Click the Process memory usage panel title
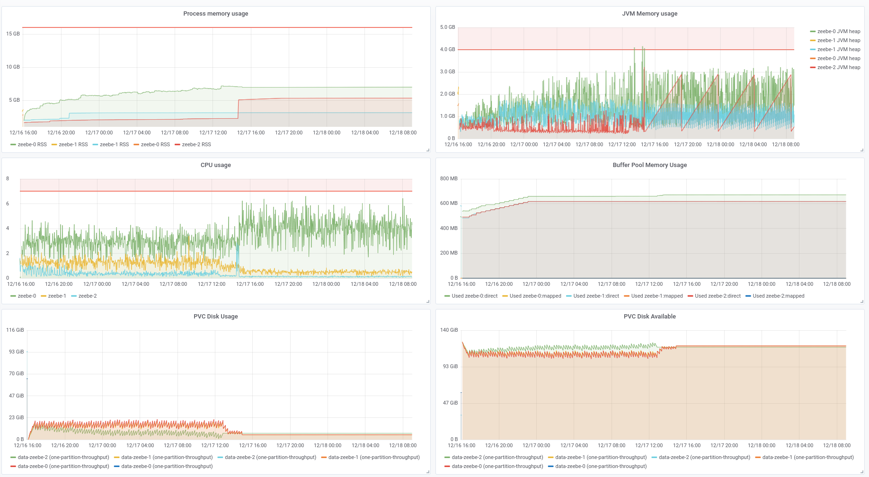(215, 14)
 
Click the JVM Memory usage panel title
(649, 14)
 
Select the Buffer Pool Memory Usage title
(649, 165)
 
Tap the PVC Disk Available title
(649, 317)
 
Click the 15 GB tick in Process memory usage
(13, 34)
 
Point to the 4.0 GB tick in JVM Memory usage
(447, 49)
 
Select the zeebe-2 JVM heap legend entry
(838, 67)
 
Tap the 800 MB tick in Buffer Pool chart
(449, 178)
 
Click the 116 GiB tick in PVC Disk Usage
(15, 330)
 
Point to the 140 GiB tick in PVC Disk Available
(449, 330)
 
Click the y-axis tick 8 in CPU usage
(8, 178)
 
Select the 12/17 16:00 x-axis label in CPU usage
(250, 284)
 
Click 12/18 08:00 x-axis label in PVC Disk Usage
(403, 445)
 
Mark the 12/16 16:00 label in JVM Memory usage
(458, 144)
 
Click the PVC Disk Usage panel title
(215, 317)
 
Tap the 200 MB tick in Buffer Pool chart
(449, 253)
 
